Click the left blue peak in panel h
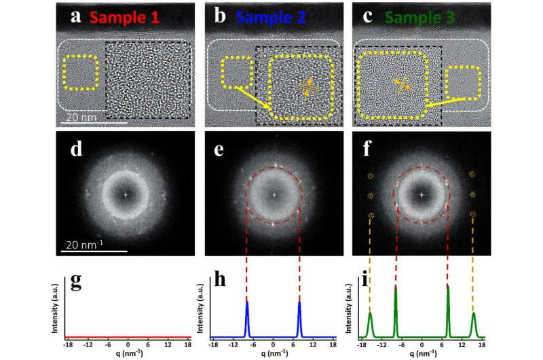point(247,316)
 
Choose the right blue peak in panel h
point(299,316)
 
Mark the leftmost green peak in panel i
point(370,323)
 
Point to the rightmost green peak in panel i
point(473,323)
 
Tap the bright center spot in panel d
point(125,193)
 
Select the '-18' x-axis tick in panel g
point(69,345)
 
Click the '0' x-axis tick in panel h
point(274,345)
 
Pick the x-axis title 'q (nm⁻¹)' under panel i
point(422,355)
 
